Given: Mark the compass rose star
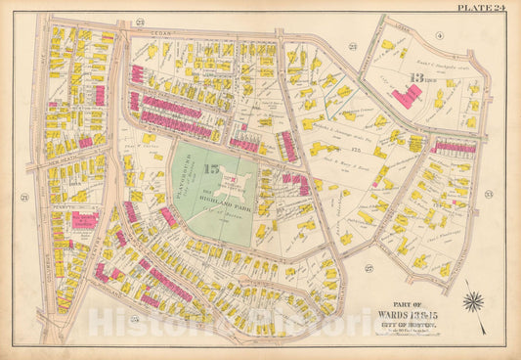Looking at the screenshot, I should click(476, 297).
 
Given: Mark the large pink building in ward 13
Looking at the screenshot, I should click(408, 95).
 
